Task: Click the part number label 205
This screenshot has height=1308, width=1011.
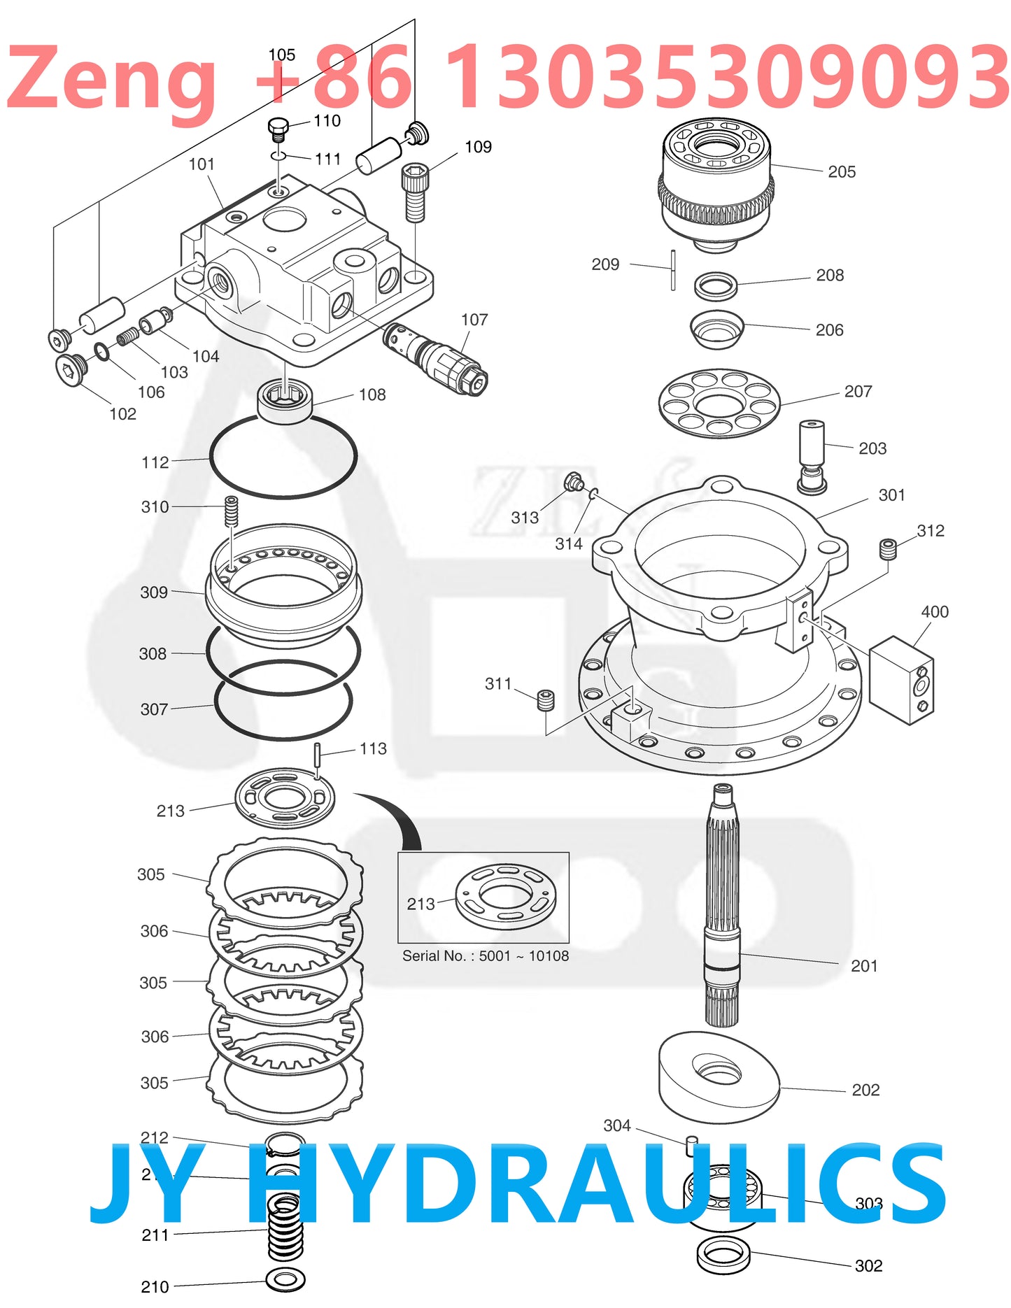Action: tap(841, 172)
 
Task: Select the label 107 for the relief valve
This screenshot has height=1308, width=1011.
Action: tap(474, 320)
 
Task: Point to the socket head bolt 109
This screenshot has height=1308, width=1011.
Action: tap(415, 192)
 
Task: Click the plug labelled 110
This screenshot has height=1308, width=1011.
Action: tap(278, 129)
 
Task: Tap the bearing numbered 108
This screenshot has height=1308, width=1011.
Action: tap(285, 401)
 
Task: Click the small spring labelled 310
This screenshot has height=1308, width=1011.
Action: tap(231, 511)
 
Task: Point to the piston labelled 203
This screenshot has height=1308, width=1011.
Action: tap(812, 455)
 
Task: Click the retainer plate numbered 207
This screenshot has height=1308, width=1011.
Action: tap(719, 404)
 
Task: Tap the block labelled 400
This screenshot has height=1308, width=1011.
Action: tap(901, 679)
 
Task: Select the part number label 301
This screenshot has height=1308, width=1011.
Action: tap(891, 495)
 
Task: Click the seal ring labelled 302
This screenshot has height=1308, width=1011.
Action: tap(723, 1253)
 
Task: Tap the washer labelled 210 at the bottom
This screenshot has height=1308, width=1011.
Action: tap(285, 1280)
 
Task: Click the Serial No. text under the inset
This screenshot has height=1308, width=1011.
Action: tap(485, 955)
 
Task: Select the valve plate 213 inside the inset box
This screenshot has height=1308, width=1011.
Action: tap(505, 896)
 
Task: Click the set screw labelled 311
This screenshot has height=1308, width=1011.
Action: tap(546, 699)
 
